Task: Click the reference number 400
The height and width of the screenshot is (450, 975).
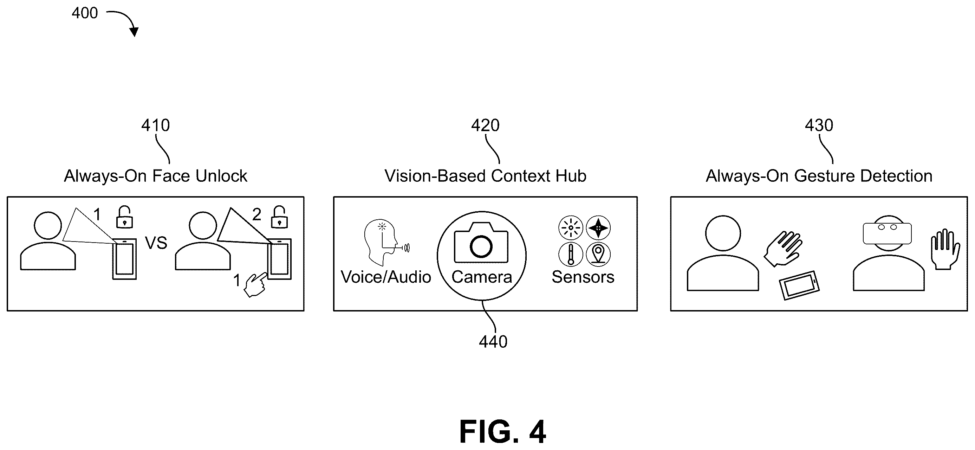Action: [x=85, y=13]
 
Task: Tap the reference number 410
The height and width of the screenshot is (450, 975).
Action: [x=156, y=126]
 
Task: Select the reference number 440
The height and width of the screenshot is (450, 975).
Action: [x=493, y=342]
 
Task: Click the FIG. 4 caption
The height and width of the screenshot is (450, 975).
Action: [x=503, y=432]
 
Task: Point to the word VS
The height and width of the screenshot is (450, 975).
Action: [x=156, y=243]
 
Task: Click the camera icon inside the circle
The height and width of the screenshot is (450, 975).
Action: [x=481, y=243]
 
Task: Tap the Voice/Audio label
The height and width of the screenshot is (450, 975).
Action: [x=386, y=277]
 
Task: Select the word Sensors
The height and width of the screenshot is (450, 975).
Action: [x=583, y=277]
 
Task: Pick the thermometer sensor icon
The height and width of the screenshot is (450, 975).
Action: [x=571, y=254]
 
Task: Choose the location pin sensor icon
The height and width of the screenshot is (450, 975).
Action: [x=598, y=254]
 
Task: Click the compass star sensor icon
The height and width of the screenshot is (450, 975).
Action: [x=598, y=228]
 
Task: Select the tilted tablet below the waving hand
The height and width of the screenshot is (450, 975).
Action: [x=799, y=285]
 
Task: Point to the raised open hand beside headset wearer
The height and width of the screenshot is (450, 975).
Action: [x=945, y=249]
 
